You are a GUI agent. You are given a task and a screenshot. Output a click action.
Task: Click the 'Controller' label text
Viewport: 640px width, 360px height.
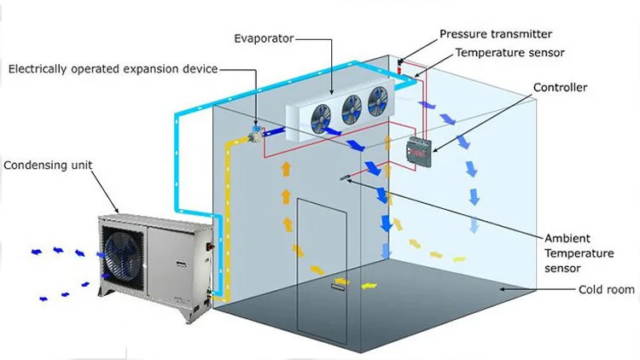click(x=561, y=87)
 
